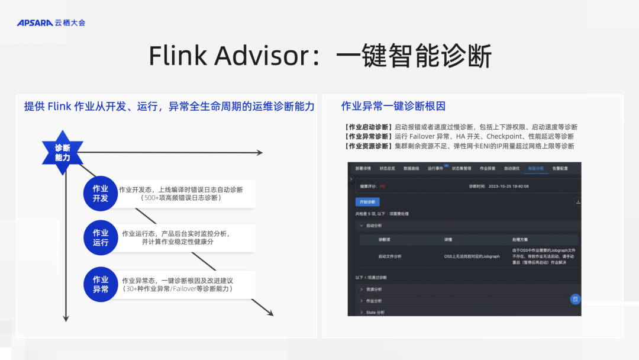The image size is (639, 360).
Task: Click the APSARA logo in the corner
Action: coord(51,23)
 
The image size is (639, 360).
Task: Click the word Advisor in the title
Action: coord(262,56)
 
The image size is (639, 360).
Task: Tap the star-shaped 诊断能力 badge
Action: coord(62,153)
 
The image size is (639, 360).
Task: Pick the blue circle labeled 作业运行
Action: coord(101,237)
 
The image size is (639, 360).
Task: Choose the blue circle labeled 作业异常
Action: coord(101,284)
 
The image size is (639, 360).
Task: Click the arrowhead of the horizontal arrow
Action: coord(259,153)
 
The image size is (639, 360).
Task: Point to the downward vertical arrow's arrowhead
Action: coord(66,318)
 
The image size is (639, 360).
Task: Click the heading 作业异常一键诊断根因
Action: coord(393,107)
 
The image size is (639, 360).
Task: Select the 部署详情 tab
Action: coord(363,168)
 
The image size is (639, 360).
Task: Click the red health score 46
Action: coord(382,186)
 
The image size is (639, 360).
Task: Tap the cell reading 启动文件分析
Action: coord(390,256)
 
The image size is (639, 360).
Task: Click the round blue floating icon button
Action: coord(575,299)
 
